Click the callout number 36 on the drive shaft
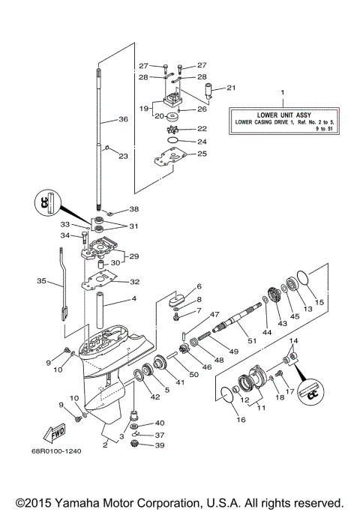pyautogui.click(x=123, y=118)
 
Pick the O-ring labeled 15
pyautogui.click(x=301, y=281)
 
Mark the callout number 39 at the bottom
pyautogui.click(x=160, y=445)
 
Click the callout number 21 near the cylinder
pyautogui.click(x=231, y=88)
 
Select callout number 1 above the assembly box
pyautogui.click(x=282, y=93)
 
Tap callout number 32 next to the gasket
pyautogui.click(x=135, y=282)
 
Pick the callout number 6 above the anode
pyautogui.click(x=199, y=286)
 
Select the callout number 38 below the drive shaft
pyautogui.click(x=135, y=209)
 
